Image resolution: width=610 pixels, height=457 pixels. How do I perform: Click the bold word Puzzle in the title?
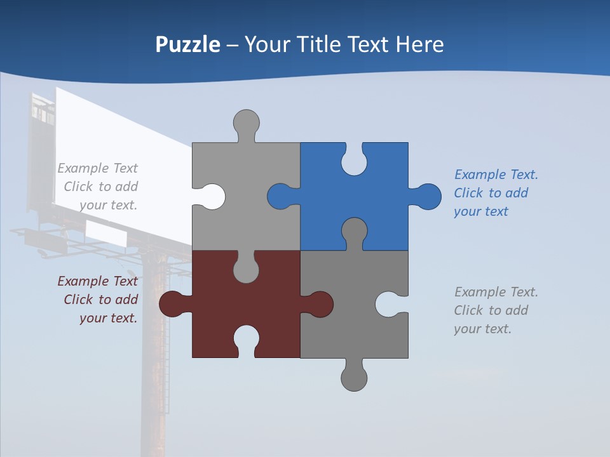[x=187, y=44]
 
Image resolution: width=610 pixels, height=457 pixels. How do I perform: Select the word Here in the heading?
[x=419, y=44]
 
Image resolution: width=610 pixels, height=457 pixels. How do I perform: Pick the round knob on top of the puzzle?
[x=247, y=122]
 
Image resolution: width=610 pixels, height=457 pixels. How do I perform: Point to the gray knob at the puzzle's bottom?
[x=354, y=378]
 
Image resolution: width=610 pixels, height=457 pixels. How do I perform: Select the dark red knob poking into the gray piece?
[x=320, y=304]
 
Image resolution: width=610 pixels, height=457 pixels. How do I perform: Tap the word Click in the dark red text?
[x=78, y=300]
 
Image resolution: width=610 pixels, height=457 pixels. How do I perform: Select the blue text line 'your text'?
[x=481, y=211]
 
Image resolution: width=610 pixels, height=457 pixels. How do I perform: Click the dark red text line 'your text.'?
[x=108, y=318]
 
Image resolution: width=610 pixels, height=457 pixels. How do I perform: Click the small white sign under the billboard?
[x=105, y=233]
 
